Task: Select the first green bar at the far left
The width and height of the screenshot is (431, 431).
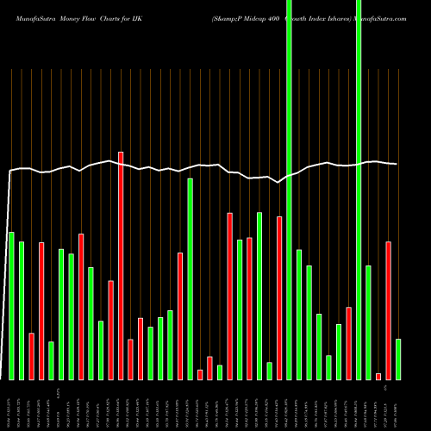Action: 11,305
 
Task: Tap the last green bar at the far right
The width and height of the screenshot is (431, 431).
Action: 397,359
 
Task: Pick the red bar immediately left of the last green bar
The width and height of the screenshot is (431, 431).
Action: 388,310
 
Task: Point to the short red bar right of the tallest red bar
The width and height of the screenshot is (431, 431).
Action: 130,359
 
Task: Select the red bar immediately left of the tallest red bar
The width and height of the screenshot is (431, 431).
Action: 110,329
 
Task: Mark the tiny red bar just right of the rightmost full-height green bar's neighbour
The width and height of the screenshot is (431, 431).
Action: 378,376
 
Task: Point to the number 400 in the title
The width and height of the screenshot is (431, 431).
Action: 251,10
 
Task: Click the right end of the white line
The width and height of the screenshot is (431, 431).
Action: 397,164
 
